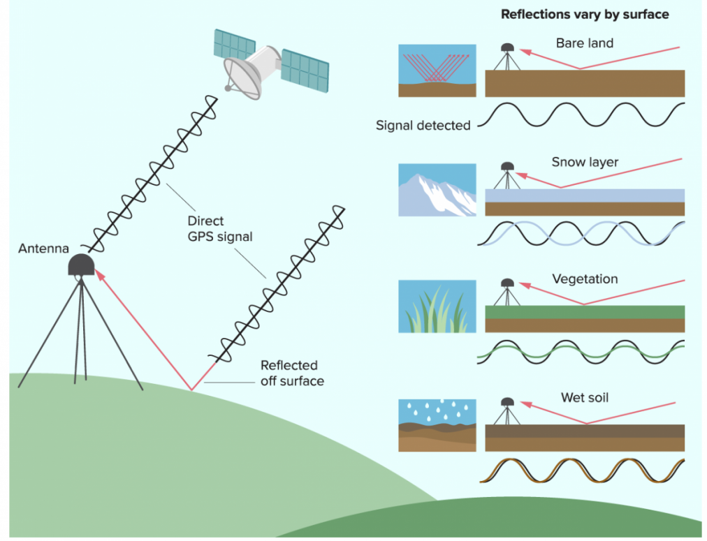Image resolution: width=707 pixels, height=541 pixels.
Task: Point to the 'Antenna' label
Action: [43, 249]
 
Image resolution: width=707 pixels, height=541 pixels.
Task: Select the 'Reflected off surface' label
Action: [292, 373]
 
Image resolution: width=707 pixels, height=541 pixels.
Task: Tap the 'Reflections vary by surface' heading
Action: [585, 15]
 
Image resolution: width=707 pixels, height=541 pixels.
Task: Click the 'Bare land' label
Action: [585, 43]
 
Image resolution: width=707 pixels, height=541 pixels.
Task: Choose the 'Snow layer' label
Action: [585, 163]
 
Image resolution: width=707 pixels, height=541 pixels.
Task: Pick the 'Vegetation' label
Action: [585, 279]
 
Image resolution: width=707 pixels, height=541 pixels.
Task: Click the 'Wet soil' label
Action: [585, 398]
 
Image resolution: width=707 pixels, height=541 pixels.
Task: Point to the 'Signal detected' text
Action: [423, 126]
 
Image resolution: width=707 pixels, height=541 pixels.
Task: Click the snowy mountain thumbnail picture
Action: [437, 190]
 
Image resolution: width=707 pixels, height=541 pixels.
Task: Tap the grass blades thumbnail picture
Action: [437, 306]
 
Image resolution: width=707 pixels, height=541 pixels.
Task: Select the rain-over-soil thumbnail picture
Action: [437, 424]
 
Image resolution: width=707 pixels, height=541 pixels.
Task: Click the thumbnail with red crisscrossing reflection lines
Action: [437, 71]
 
